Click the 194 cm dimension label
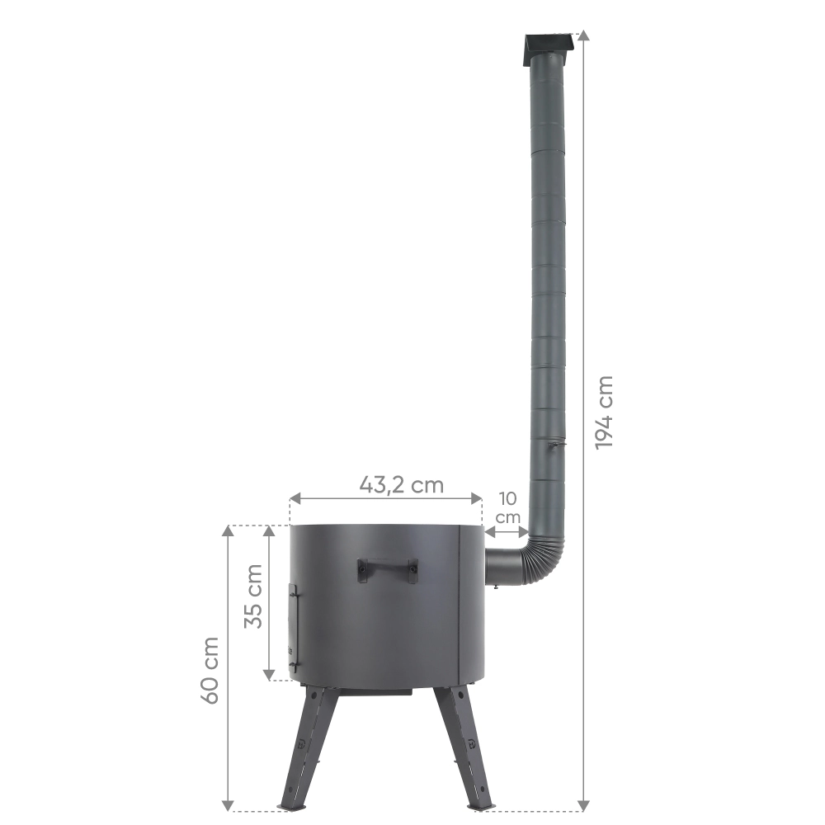click(x=605, y=412)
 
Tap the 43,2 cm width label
click(x=402, y=484)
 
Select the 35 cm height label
click(x=253, y=596)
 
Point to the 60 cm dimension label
click(x=210, y=670)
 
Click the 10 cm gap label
click(x=507, y=507)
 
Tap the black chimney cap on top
click(x=547, y=49)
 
